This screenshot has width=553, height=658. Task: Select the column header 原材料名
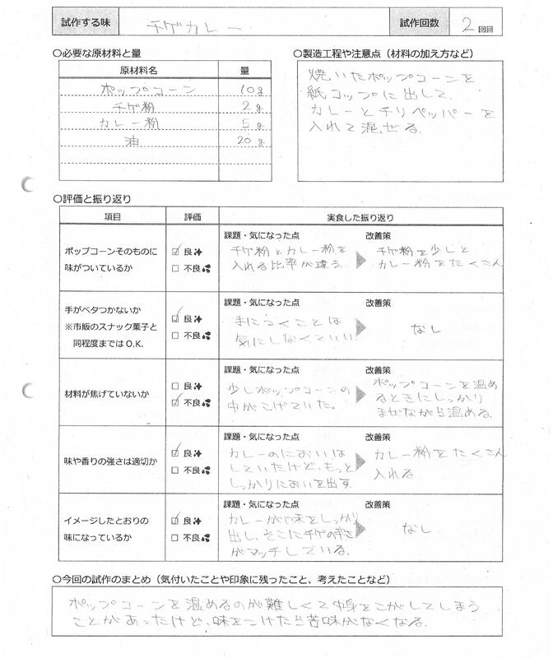pos(138,71)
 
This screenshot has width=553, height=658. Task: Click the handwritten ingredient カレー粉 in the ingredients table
pos(130,124)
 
